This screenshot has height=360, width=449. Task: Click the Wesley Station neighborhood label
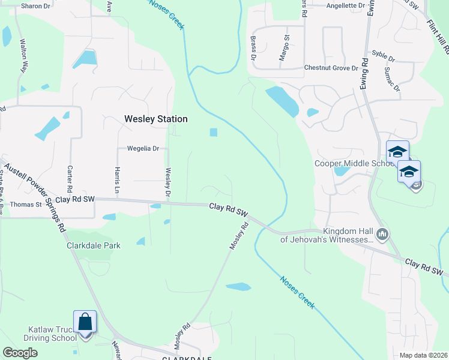[155, 119]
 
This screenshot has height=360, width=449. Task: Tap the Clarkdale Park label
[93, 245]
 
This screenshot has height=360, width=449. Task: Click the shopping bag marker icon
[85, 322]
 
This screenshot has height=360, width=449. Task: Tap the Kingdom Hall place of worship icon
[382, 233]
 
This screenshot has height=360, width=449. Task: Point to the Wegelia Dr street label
[143, 148]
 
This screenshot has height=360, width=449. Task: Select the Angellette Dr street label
[346, 5]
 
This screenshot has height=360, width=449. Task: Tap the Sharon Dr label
[35, 6]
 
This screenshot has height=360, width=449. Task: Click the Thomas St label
[26, 204]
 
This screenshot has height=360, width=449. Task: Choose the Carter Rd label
[70, 175]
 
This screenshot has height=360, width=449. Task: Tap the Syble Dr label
[384, 59]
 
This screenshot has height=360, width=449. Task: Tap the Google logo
[20, 353]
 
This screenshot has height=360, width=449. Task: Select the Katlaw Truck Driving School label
[53, 334]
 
